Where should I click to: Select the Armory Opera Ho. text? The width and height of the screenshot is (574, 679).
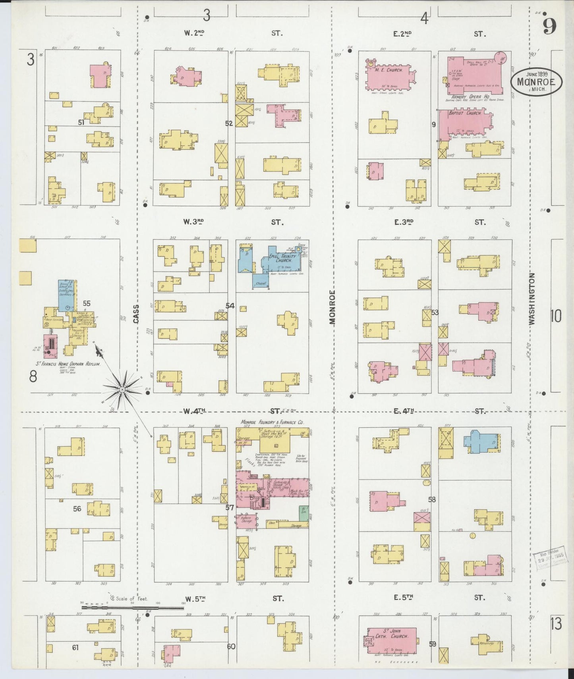pyautogui.click(x=470, y=96)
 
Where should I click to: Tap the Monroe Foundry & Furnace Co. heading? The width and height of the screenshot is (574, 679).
pyautogui.click(x=272, y=422)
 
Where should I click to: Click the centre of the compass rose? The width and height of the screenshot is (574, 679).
pyautogui.click(x=123, y=390)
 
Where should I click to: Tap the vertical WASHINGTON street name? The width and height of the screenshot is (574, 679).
pyautogui.click(x=532, y=299)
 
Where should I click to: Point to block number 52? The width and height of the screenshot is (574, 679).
pyautogui.click(x=229, y=123)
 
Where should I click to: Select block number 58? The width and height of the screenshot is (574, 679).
pyautogui.click(x=432, y=499)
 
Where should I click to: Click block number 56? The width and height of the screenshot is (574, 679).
pyautogui.click(x=77, y=509)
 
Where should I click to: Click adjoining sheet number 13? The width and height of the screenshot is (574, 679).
pyautogui.click(x=556, y=624)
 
